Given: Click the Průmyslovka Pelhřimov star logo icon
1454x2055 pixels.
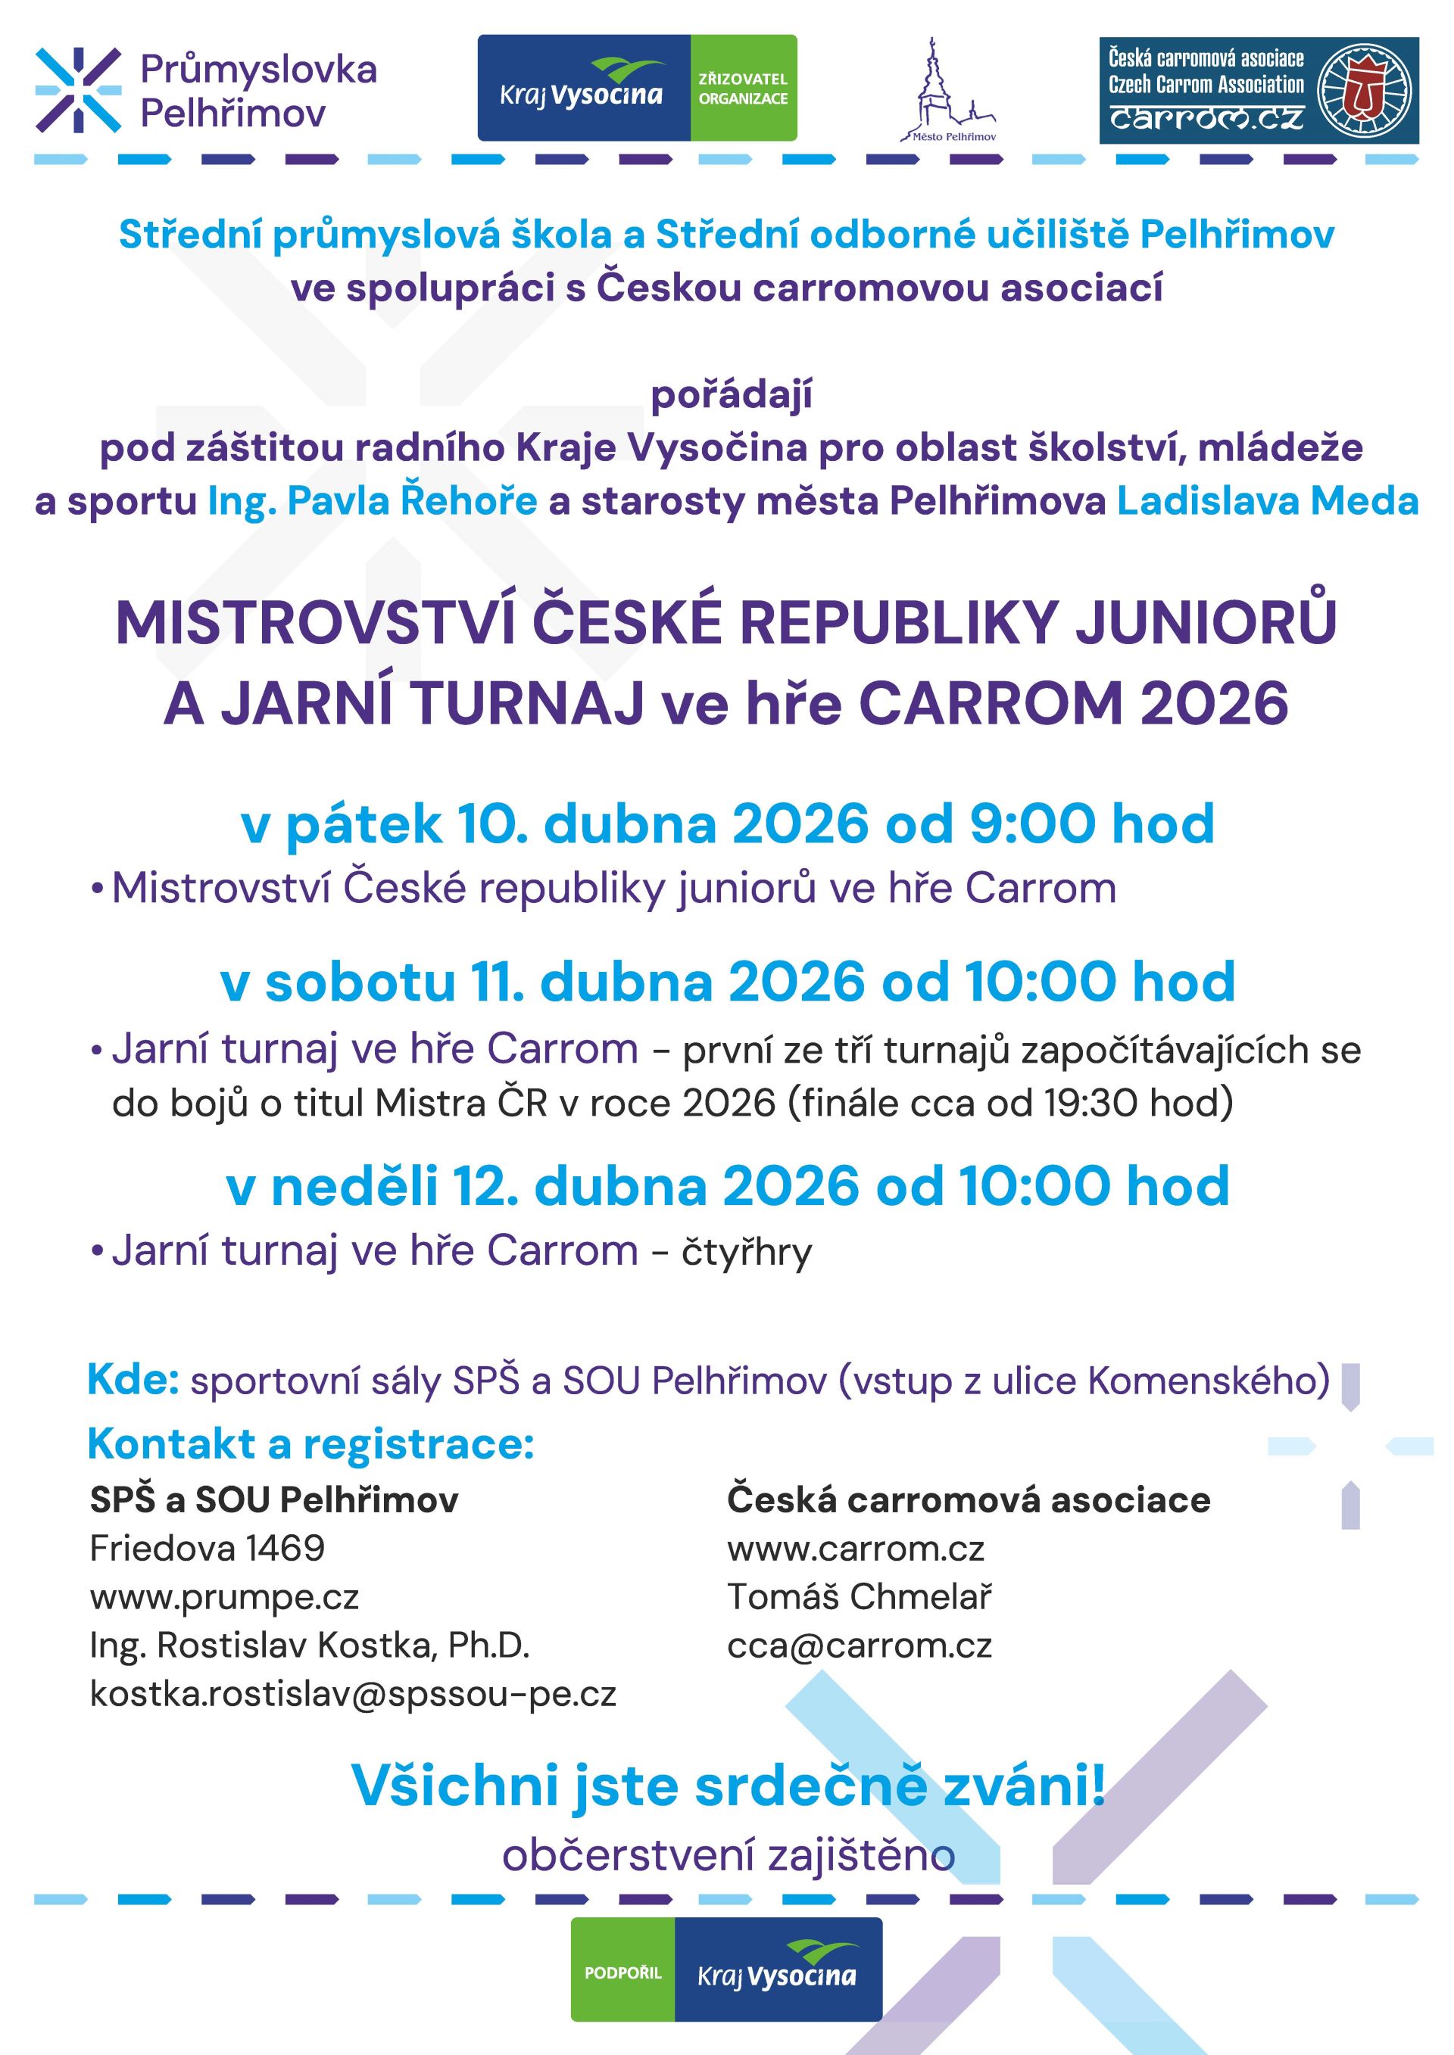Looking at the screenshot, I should (x=78, y=89).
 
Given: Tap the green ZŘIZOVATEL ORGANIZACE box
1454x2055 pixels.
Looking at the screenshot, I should (x=743, y=89).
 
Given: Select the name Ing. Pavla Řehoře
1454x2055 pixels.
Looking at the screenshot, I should (x=373, y=501).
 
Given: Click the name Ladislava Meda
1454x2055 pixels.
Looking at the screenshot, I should (x=1267, y=501).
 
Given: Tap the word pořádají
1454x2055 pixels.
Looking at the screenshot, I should (x=732, y=394).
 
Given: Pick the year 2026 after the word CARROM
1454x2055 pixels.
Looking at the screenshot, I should (x=1214, y=703).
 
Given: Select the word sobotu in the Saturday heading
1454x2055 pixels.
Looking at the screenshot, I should (x=360, y=982).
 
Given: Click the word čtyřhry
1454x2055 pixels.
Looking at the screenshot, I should (x=747, y=1251).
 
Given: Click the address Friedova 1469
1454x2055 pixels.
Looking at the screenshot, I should (x=207, y=1548).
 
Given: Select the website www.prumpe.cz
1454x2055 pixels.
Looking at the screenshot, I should (x=225, y=1596).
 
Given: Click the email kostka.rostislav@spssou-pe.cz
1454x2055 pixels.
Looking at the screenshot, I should (x=353, y=1692).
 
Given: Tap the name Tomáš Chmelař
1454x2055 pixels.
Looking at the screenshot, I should (x=860, y=1596).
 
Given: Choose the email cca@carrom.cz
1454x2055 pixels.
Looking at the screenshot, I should (x=860, y=1644).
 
